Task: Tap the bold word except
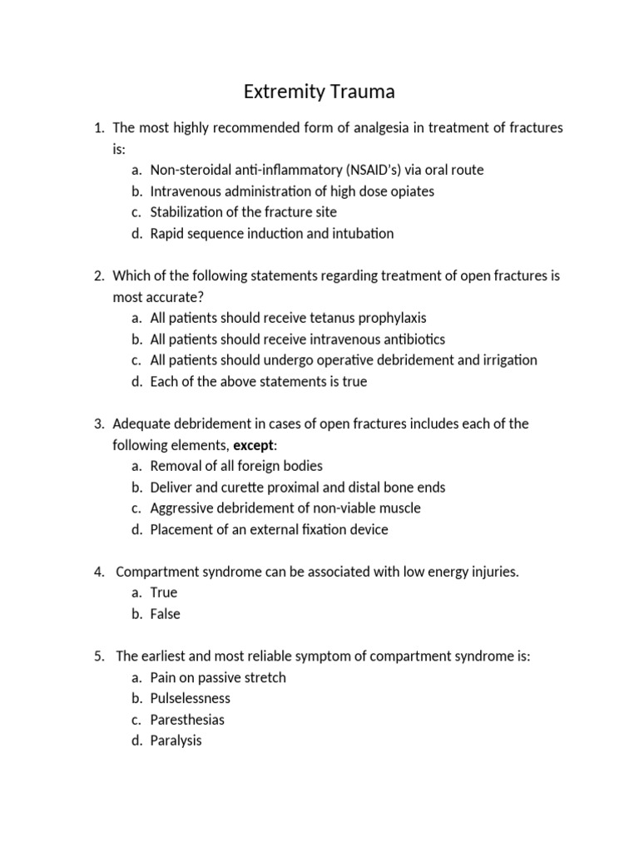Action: pyautogui.click(x=253, y=445)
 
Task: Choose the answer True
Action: pyautogui.click(x=164, y=592)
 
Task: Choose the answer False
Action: pyautogui.click(x=166, y=614)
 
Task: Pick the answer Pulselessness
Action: pyautogui.click(x=191, y=698)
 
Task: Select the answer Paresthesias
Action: pyautogui.click(x=187, y=720)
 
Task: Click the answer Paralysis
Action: pyautogui.click(x=176, y=741)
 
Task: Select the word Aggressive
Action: pyautogui.click(x=183, y=508)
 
